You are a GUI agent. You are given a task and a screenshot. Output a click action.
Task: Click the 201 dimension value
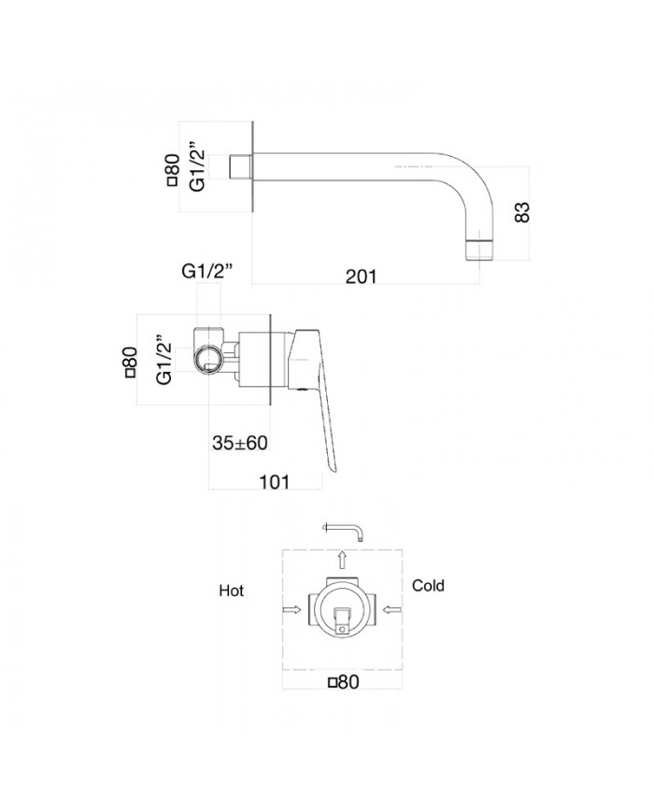[x=361, y=276]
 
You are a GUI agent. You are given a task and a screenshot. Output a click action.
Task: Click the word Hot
[x=231, y=591]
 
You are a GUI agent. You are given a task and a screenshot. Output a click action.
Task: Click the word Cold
[x=428, y=586]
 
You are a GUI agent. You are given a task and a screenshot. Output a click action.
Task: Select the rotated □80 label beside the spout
[x=173, y=170]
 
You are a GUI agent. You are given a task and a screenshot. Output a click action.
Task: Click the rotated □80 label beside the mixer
[x=132, y=361]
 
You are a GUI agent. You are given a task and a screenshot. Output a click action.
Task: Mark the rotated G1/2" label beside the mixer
[x=163, y=361]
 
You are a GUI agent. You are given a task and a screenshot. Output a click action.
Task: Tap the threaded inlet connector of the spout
[x=241, y=168]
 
